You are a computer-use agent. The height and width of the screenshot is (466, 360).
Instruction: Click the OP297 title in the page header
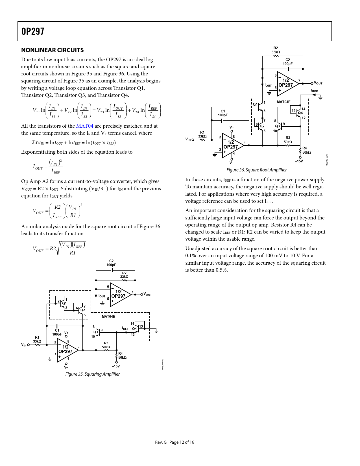pyautogui.click(x=33, y=31)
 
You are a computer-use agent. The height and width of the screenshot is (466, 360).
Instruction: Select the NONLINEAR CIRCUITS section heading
pyautogui.click(x=53, y=50)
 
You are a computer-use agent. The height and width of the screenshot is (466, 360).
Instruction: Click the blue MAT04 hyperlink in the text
pyautogui.click(x=84, y=126)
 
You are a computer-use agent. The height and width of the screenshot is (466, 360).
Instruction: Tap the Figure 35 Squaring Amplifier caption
pyautogui.click(x=93, y=374)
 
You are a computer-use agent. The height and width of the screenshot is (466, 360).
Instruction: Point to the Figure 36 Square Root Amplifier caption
pyautogui.click(x=256, y=170)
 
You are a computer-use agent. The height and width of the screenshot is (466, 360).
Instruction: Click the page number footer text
pyautogui.click(x=174, y=442)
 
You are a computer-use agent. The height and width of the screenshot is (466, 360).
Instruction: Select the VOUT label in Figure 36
pyautogui.click(x=318, y=83)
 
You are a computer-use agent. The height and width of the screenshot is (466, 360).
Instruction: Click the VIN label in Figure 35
pyautogui.click(x=24, y=345)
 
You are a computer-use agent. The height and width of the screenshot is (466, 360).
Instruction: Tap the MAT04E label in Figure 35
pyautogui.click(x=108, y=317)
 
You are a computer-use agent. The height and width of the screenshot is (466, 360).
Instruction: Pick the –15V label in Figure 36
pyautogui.click(x=299, y=161)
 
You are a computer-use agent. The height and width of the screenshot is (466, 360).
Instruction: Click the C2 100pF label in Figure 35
pyautogui.click(x=111, y=263)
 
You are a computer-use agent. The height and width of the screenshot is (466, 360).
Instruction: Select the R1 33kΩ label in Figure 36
pyautogui.click(x=202, y=134)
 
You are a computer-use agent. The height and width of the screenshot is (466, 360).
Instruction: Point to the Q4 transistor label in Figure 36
pyautogui.click(x=300, y=113)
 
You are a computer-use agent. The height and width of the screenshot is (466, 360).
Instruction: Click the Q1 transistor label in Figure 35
pyautogui.click(x=64, y=303)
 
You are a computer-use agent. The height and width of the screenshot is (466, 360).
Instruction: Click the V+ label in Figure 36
pyautogui.click(x=232, y=127)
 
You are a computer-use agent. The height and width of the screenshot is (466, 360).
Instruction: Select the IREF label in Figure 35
pyautogui.click(x=125, y=328)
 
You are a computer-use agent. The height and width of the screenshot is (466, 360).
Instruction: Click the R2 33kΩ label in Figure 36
pyautogui.click(x=276, y=50)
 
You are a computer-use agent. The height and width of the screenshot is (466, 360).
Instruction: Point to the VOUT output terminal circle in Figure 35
pyautogui.click(x=142, y=295)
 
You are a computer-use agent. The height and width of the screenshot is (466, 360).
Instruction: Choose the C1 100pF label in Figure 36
pyautogui.click(x=223, y=113)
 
